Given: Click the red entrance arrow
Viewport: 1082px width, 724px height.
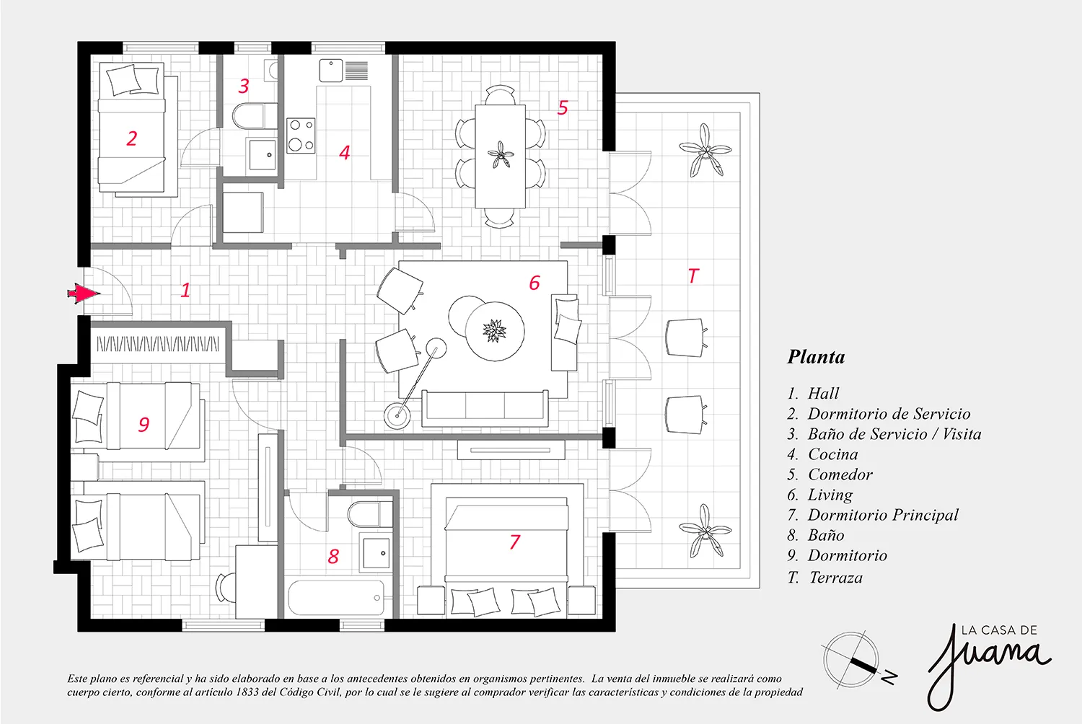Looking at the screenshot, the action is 84,293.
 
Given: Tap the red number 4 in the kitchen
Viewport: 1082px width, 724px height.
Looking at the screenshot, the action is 344,153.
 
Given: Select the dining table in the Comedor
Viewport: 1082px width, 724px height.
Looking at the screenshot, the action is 500,156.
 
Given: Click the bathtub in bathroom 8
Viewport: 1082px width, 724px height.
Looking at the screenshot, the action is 336,597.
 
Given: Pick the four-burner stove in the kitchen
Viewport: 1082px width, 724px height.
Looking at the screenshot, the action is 301,136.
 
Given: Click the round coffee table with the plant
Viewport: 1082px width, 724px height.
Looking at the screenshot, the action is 495,331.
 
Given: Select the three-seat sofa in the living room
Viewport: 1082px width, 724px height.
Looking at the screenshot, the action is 485,409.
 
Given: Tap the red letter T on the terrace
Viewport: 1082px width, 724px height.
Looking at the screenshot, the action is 693,275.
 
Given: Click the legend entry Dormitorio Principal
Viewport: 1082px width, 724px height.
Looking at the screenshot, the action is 882,515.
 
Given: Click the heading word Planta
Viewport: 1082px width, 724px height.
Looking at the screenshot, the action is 816,357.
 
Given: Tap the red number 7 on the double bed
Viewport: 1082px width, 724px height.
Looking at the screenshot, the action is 515,542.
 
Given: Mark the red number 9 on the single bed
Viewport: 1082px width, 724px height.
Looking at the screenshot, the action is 144,424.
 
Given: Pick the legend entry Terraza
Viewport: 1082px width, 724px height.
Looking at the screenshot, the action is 835,577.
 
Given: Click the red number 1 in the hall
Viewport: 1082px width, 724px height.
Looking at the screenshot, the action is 185,290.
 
